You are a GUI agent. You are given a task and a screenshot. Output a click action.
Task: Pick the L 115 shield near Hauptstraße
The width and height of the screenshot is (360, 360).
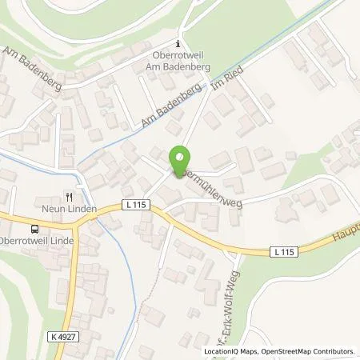click(281, 253)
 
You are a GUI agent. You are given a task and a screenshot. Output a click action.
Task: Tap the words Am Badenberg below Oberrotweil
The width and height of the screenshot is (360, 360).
click(179, 67)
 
